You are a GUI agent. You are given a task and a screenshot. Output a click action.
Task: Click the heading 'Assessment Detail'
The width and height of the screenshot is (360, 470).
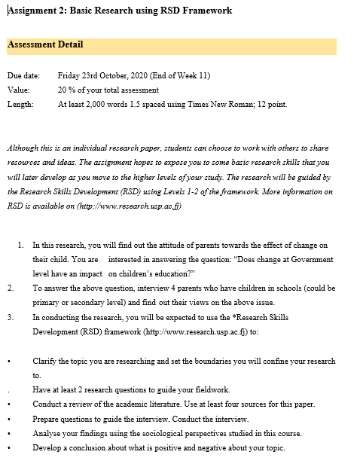[45, 44]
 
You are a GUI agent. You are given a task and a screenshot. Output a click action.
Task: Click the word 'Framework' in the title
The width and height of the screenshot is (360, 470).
[205, 11]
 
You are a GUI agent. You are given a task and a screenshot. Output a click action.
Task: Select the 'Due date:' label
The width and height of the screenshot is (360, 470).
[23, 76]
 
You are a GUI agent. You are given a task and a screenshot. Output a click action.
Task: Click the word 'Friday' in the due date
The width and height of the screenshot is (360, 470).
[70, 76]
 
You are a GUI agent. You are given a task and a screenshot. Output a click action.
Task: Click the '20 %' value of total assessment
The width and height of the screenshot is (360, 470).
[66, 90]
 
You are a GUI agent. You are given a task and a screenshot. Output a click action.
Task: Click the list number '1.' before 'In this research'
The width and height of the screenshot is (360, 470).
[20, 246]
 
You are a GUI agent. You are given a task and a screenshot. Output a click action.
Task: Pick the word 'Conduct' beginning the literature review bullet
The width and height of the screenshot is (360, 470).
[47, 404]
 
